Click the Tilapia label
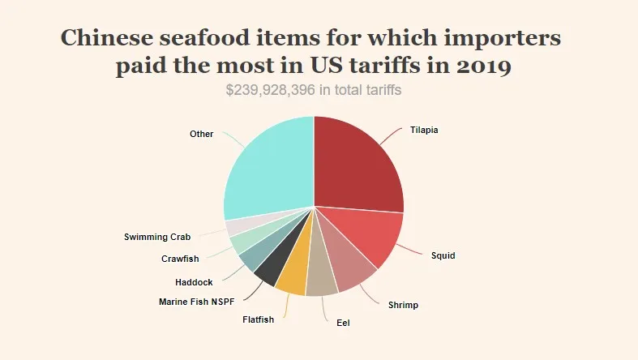(x=424, y=130)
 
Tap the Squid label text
(x=443, y=255)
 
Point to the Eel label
(x=344, y=322)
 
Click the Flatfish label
(x=259, y=319)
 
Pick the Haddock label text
(x=194, y=282)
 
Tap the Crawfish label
(x=181, y=259)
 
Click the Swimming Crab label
(x=157, y=237)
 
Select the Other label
(x=201, y=134)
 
